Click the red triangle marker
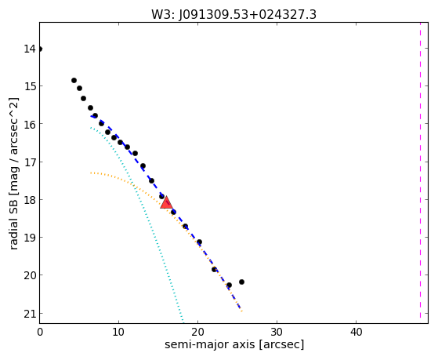[x=166, y=203]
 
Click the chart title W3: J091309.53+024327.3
[x=233, y=15]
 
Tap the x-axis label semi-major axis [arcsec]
[x=234, y=344]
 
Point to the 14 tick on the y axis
[x=30, y=49]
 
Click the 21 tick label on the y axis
[x=30, y=314]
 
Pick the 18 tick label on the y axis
[x=30, y=200]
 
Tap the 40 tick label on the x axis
[x=357, y=333]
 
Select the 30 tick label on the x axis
[x=277, y=333]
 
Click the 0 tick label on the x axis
[x=40, y=333]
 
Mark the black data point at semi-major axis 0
[x=40, y=49]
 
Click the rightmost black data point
[x=241, y=282]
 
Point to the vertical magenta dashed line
[x=420, y=170]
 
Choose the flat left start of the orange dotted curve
[x=92, y=173]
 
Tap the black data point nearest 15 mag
[x=79, y=88]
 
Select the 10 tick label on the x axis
[x=119, y=333]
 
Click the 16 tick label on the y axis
[x=30, y=124]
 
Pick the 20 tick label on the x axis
[x=197, y=333]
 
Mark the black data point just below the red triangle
[x=173, y=212]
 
